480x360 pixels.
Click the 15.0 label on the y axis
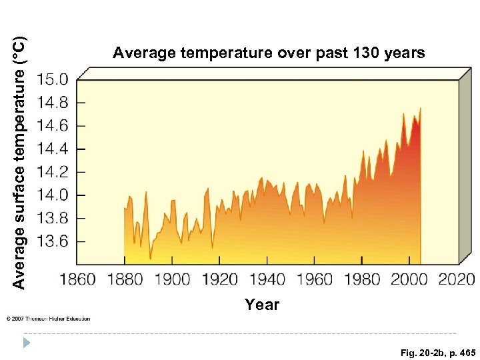click(x=53, y=80)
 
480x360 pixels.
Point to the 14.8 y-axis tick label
click(x=53, y=103)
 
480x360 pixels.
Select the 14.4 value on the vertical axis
click(x=53, y=149)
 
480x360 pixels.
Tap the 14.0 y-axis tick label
click(x=53, y=195)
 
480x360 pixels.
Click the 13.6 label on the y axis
click(x=53, y=241)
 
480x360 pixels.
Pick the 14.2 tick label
click(x=53, y=172)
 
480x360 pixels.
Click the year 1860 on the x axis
click(x=78, y=279)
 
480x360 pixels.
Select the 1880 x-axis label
click(x=125, y=279)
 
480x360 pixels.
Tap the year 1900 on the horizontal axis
click(x=172, y=279)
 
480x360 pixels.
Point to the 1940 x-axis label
click(x=267, y=279)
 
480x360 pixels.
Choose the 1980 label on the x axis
click(x=361, y=279)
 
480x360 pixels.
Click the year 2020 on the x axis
click(x=456, y=279)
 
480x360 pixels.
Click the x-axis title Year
click(x=262, y=305)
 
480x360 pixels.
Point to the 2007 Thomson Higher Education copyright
click(x=48, y=319)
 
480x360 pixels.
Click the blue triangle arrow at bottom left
click(x=27, y=344)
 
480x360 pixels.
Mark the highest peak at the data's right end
click(x=420, y=109)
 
